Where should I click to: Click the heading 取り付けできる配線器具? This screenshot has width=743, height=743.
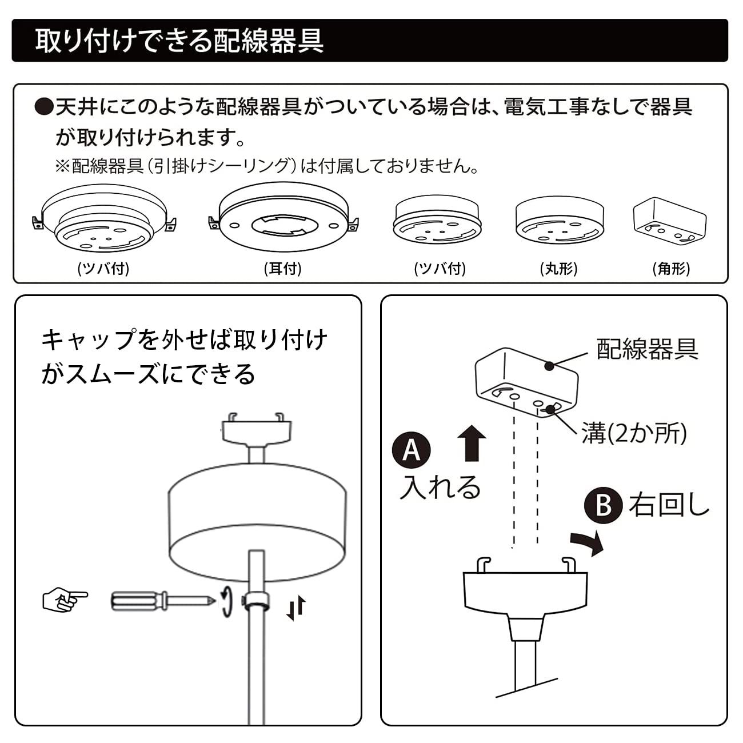click(179, 41)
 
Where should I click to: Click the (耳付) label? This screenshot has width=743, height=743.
click(283, 269)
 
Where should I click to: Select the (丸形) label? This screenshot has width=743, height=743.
click(558, 269)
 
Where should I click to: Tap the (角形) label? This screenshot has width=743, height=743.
click(671, 269)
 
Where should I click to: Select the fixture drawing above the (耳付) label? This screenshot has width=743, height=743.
click(283, 217)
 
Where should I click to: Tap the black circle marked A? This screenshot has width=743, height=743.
click(411, 450)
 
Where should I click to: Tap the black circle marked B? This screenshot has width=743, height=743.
click(603, 505)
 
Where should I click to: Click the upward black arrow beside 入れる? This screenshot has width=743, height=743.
click(472, 444)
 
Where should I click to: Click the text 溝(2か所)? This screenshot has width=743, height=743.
click(634, 433)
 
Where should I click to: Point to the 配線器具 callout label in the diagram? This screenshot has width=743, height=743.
click(647, 349)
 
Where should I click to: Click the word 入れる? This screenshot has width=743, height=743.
click(440, 487)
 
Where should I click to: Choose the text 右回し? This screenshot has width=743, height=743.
click(669, 505)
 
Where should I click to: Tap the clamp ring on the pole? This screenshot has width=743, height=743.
click(256, 602)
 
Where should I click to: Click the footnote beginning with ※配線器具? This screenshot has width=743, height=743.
click(266, 166)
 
